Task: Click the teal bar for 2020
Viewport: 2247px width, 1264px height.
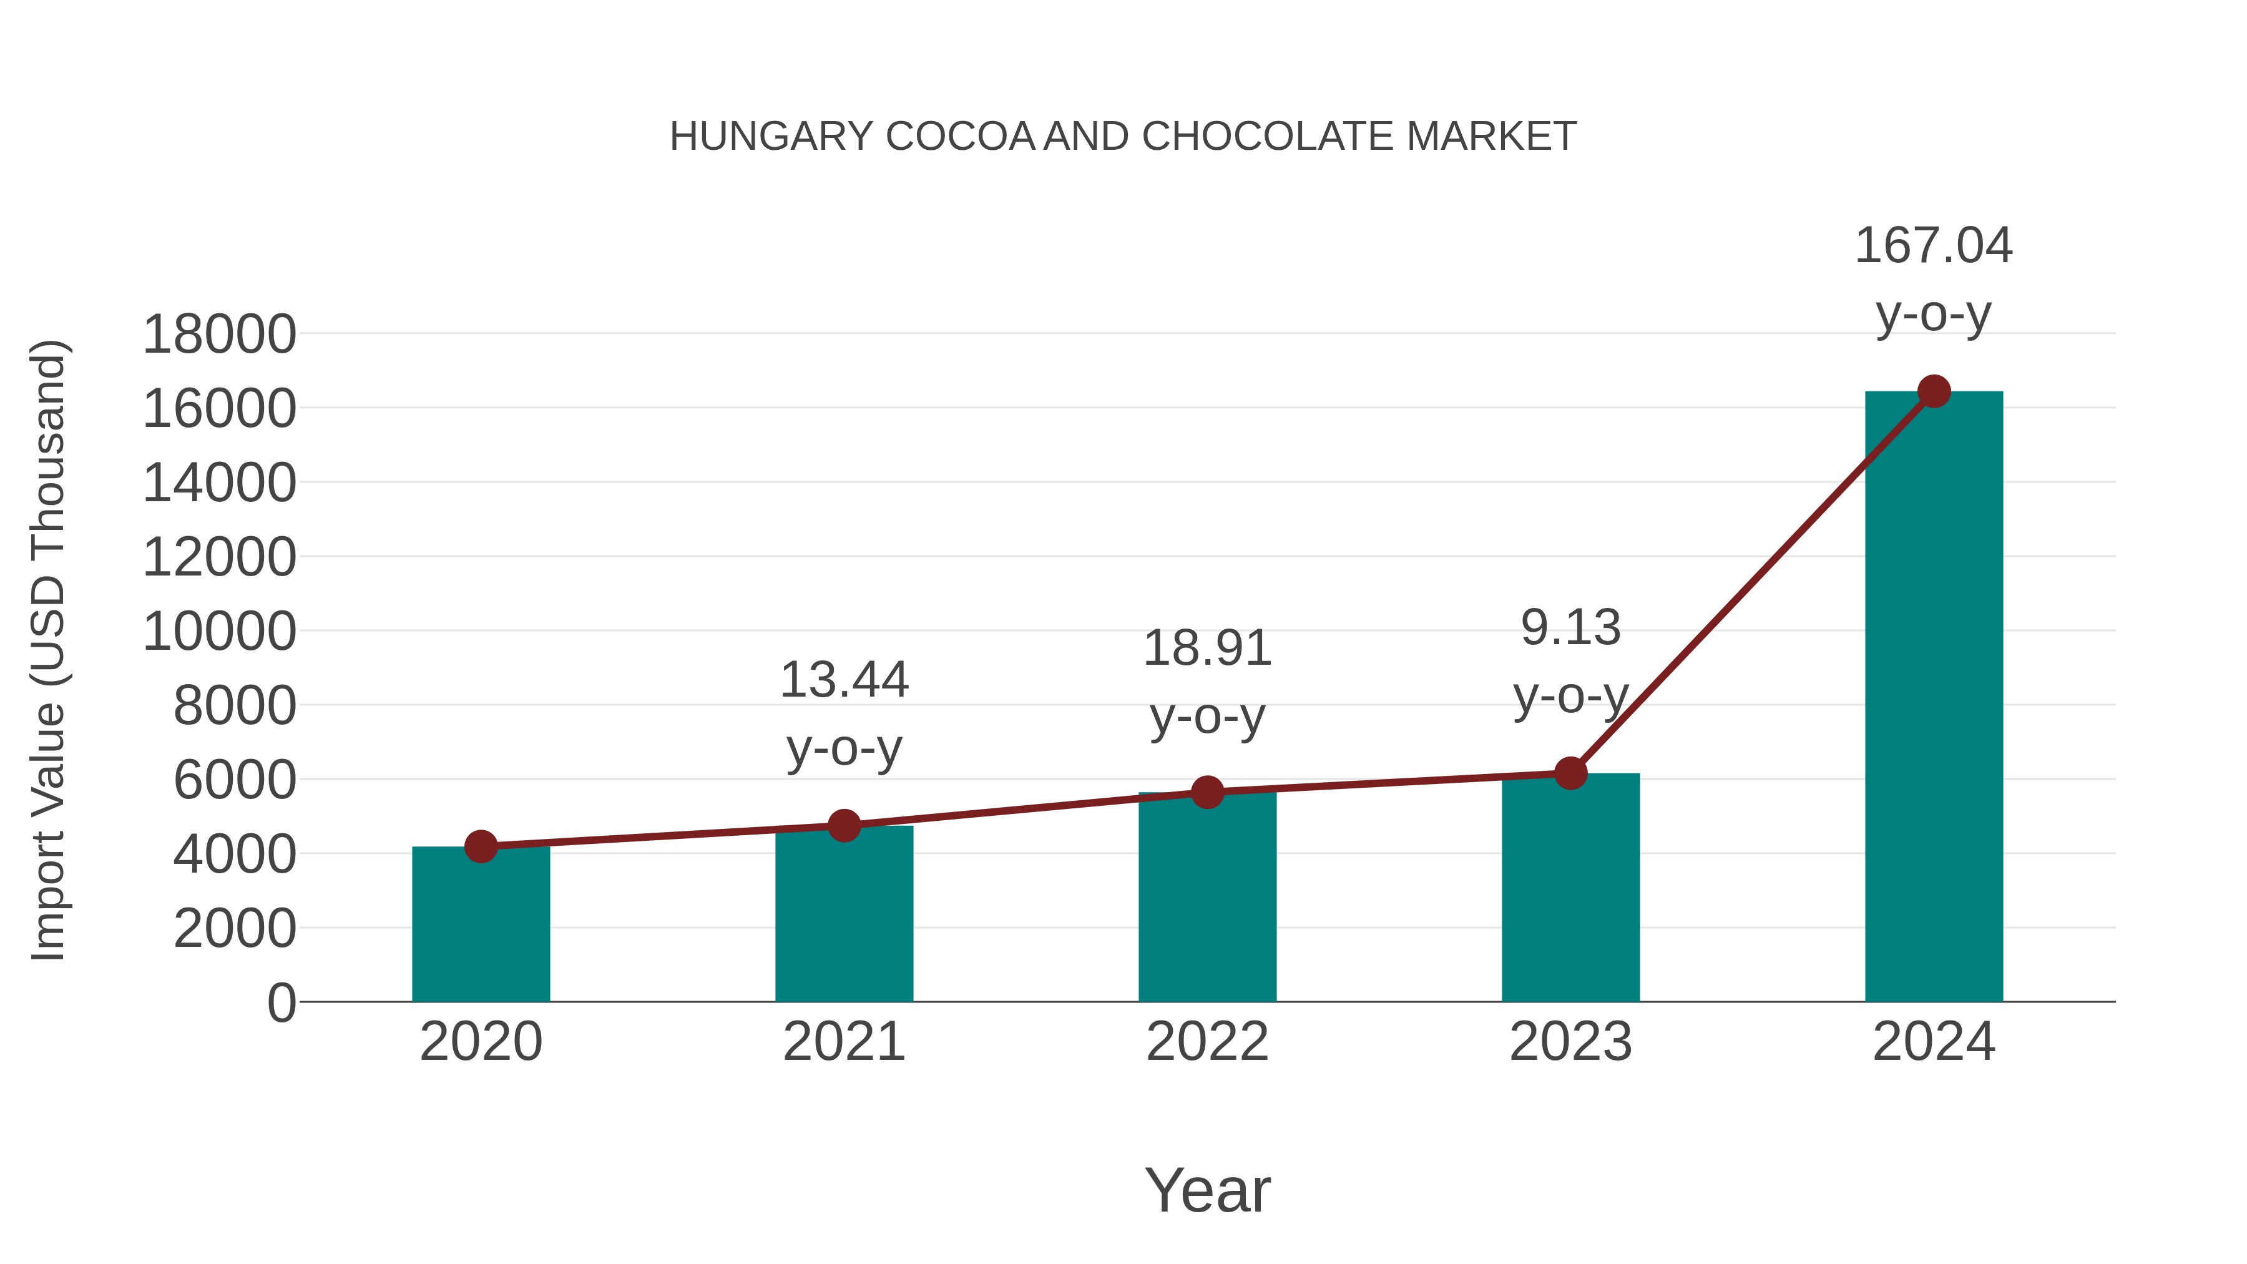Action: pos(481,924)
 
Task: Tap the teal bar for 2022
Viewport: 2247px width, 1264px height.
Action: pos(1207,898)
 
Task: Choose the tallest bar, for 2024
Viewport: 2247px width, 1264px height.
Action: pos(1934,698)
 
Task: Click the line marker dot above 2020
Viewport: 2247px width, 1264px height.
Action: pos(481,846)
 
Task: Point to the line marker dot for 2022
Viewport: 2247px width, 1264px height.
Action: pos(1207,792)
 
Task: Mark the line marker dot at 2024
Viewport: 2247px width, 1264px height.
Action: pos(1934,391)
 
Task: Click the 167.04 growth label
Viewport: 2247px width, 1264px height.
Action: pos(1933,245)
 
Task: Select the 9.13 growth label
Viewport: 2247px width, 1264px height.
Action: pos(1570,627)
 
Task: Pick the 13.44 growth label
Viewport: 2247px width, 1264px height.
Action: pos(843,680)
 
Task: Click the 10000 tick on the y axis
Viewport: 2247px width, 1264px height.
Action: pos(219,632)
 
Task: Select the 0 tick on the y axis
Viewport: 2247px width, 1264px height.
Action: pos(281,1002)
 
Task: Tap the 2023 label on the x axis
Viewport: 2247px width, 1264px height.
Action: pos(1570,1042)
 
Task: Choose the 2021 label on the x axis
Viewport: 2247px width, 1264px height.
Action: pos(843,1042)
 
